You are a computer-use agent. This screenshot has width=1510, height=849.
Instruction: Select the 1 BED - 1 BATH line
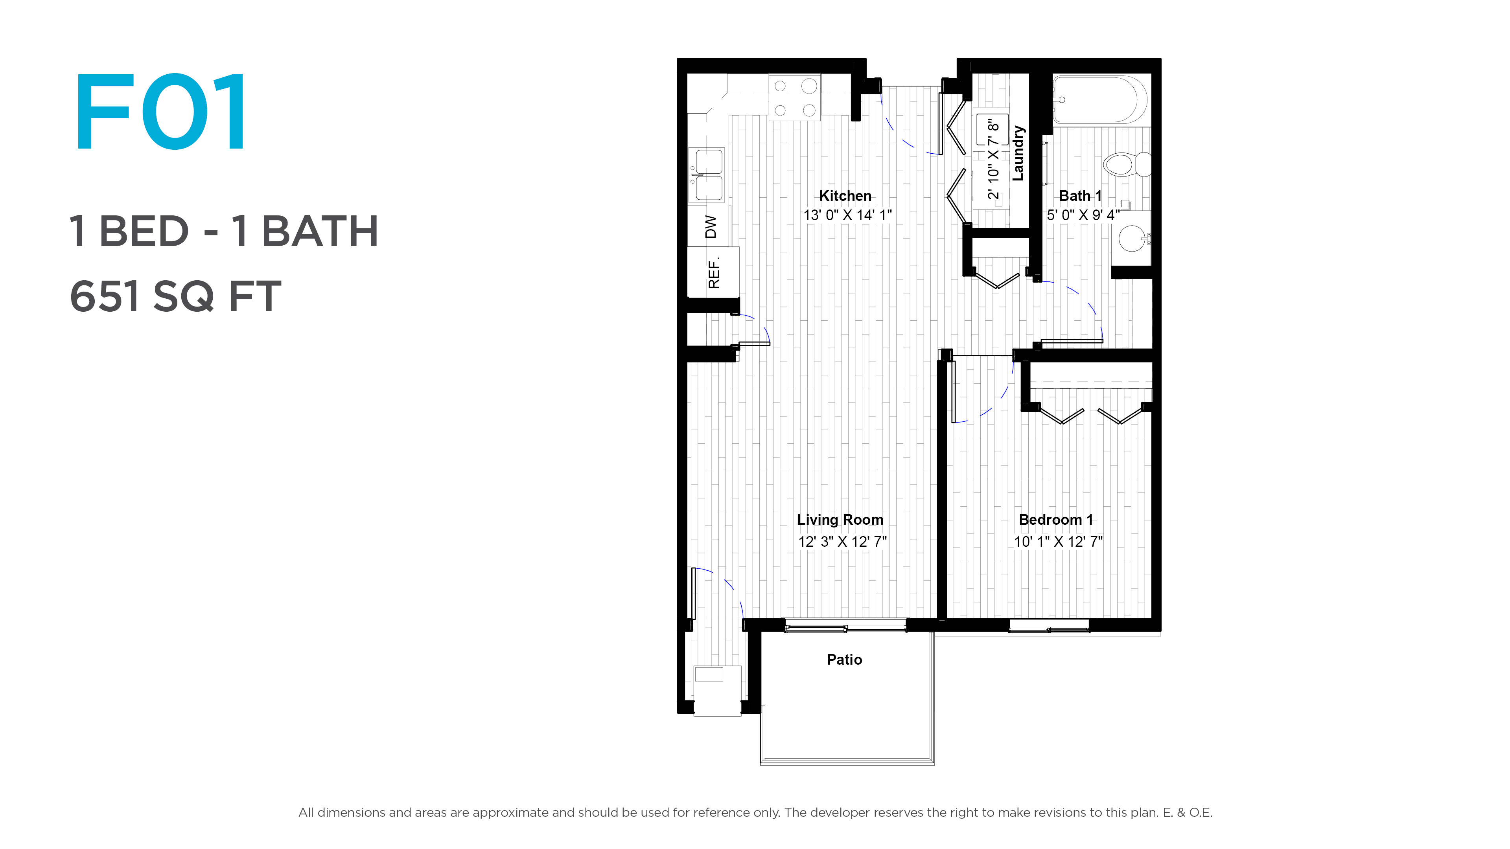pyautogui.click(x=224, y=231)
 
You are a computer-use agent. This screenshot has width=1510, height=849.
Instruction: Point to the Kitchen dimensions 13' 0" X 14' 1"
pyautogui.click(x=847, y=215)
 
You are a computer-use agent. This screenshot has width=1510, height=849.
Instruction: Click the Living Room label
pyautogui.click(x=840, y=520)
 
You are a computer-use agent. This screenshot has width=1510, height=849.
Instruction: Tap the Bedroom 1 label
pyautogui.click(x=1056, y=520)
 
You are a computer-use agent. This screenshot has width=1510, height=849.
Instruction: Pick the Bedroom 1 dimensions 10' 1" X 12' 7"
pyautogui.click(x=1058, y=541)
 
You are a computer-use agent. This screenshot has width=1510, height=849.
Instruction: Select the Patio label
pyautogui.click(x=844, y=660)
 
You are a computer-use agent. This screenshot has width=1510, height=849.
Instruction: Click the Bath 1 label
pyautogui.click(x=1080, y=196)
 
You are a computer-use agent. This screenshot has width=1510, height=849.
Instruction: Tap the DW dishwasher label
pyautogui.click(x=711, y=227)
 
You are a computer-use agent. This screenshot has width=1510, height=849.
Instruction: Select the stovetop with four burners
pyautogui.click(x=794, y=97)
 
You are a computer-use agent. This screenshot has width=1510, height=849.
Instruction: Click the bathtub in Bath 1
pyautogui.click(x=1100, y=99)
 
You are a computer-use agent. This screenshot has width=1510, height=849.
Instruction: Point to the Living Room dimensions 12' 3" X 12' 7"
pyautogui.click(x=842, y=541)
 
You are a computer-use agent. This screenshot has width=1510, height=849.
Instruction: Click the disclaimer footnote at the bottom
pyautogui.click(x=755, y=813)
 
